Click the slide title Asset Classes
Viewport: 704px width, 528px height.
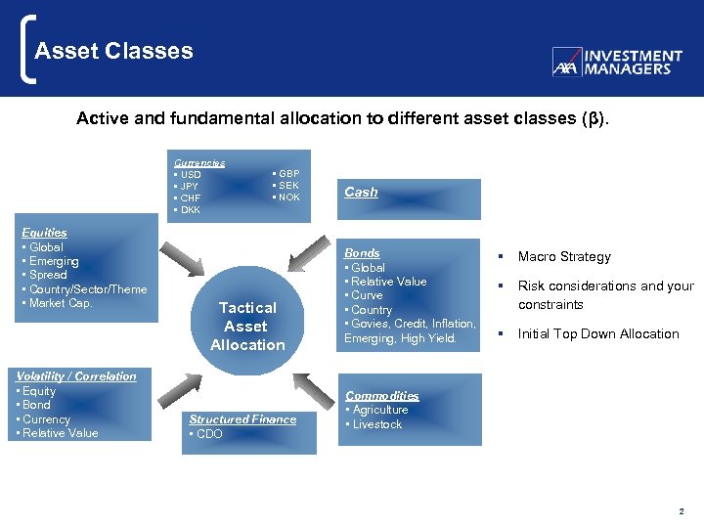(113, 51)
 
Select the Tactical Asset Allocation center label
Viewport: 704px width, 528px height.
(247, 326)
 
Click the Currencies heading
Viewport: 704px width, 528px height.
(199, 163)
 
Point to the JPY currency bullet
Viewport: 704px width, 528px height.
(189, 186)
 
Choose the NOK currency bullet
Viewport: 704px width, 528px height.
(288, 198)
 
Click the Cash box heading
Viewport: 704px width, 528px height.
(361, 193)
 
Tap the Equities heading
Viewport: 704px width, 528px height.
(44, 233)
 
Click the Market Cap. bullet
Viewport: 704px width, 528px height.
(59, 303)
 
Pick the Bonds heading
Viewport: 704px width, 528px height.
(362, 253)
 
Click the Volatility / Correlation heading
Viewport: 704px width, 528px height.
(77, 376)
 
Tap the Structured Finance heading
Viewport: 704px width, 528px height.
(242, 419)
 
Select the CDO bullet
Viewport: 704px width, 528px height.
(207, 434)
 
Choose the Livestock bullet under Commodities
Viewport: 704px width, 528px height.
(375, 424)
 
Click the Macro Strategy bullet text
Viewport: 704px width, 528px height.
(564, 257)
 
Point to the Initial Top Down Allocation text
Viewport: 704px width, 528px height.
(597, 334)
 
